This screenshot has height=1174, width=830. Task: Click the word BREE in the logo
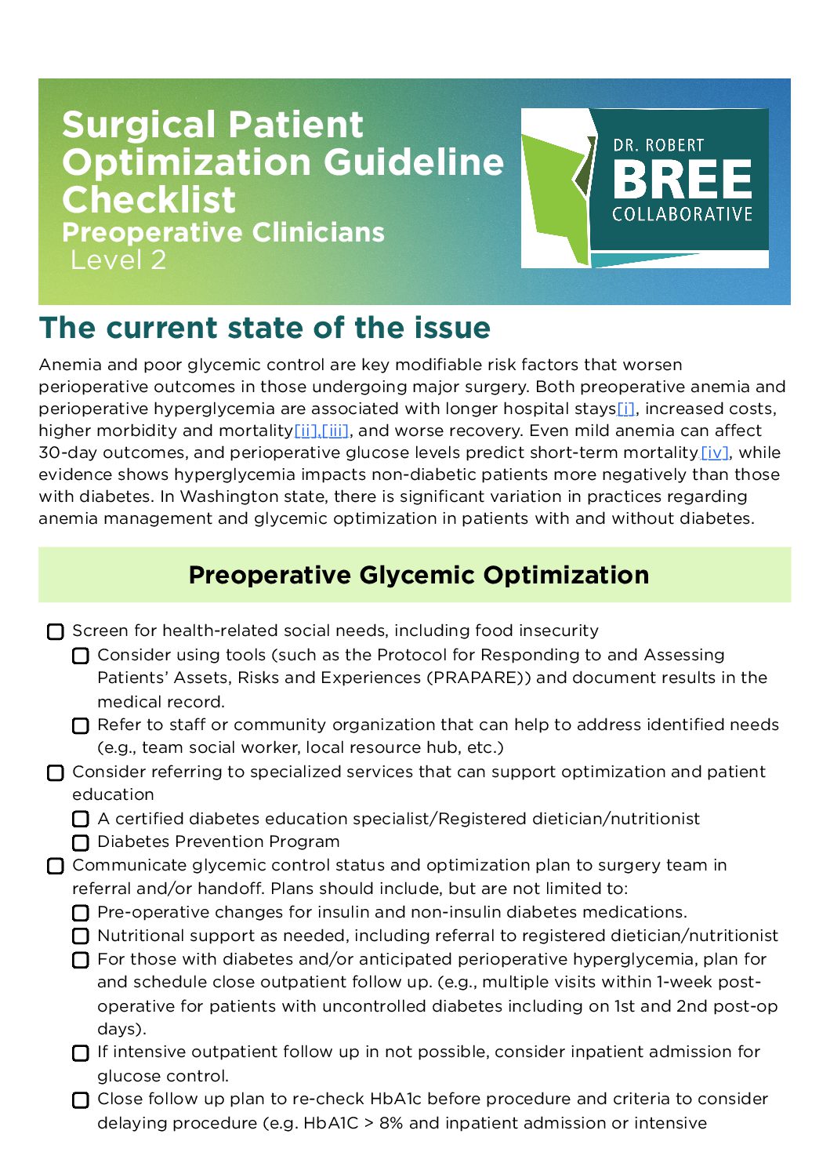(682, 180)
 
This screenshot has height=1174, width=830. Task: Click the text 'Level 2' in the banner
(118, 260)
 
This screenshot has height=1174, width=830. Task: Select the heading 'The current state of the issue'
(265, 328)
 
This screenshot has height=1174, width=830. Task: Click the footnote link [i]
(625, 409)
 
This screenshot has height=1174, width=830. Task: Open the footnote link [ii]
(306, 431)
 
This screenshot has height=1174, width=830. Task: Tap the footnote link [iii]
(335, 431)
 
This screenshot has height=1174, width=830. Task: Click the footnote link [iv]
(715, 453)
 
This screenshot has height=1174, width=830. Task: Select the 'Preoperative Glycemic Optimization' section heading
(419, 575)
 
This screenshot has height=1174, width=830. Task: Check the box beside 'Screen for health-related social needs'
(56, 632)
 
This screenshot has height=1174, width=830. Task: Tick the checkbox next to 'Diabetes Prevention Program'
(81, 843)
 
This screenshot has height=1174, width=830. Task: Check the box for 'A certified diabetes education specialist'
(81, 820)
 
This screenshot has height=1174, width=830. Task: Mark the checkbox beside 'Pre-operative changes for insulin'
(81, 913)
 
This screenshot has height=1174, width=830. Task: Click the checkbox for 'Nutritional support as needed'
(81, 936)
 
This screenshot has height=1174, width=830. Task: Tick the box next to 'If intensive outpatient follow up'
(81, 1053)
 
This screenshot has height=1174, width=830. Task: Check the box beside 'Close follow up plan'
(81, 1100)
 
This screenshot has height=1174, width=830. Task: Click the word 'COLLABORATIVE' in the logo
(682, 215)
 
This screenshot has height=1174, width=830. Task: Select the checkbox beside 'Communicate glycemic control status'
(56, 867)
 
